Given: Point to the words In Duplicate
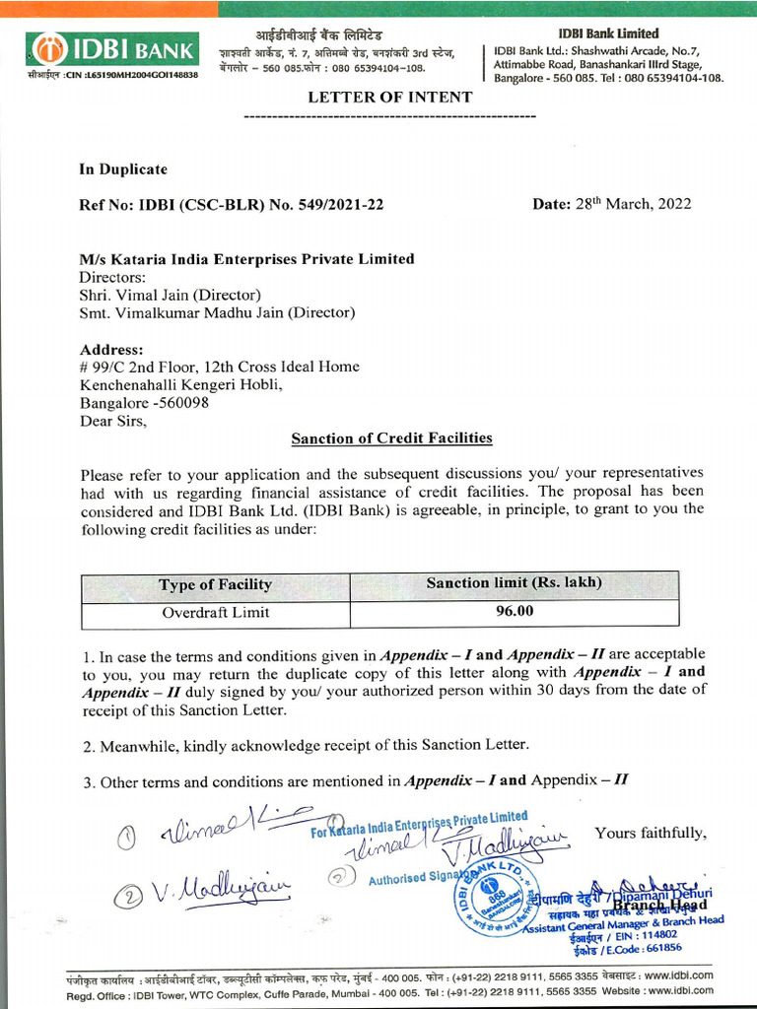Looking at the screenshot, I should pos(123,169).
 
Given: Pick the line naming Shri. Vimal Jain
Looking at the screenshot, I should pos(170,295).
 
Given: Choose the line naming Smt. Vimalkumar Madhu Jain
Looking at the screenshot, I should pos(217,312).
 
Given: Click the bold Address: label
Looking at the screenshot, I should pos(111,349).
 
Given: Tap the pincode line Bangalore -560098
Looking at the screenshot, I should pos(144,402).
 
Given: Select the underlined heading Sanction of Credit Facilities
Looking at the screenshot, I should pos(391,437).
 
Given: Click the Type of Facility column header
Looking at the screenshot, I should pos(215,584).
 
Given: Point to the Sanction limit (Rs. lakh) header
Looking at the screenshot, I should pos(514,583).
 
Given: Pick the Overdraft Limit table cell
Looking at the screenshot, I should pos(215,612).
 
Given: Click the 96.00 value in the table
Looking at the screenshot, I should pos(514,611).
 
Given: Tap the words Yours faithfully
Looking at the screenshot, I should pos(651,833).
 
